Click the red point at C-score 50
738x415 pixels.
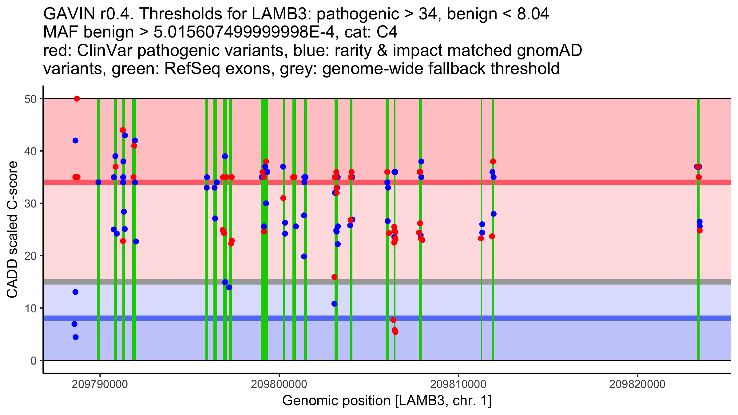[77, 99]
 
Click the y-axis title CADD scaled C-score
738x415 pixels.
[12, 230]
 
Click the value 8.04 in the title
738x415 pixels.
[533, 14]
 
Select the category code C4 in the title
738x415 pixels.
[387, 32]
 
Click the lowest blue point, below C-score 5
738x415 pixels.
[76, 337]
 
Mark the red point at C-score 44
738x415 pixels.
[123, 130]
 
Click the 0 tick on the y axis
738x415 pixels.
[33, 361]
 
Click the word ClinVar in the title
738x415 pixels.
[95, 50]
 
